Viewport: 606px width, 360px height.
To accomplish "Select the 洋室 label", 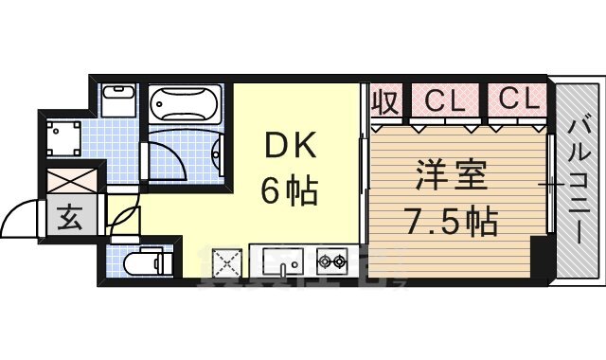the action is (x=452, y=177).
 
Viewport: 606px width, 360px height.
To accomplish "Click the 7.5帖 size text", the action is (x=452, y=223).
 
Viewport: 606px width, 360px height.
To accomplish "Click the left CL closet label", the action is (x=442, y=99).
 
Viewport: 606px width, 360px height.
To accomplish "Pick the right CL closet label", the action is (x=515, y=99).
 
